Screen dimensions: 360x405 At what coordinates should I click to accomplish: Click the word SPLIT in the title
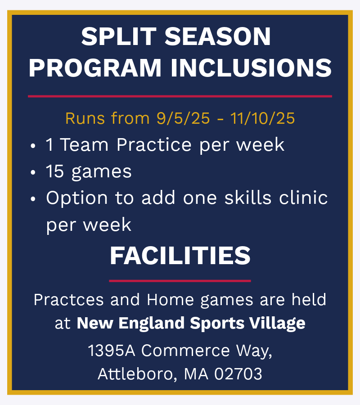coord(119,36)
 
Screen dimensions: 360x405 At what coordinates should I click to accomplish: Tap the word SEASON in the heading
coord(217,36)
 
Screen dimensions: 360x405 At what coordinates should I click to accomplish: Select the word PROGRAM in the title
coord(95,67)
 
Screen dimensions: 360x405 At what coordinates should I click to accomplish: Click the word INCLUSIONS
coord(251,67)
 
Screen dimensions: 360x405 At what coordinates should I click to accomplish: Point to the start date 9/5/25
coord(183,118)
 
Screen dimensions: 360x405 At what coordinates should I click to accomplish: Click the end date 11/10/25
coord(262,118)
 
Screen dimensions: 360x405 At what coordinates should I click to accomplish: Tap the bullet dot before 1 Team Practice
coord(33,146)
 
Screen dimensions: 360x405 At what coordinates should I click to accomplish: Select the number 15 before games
coord(55,171)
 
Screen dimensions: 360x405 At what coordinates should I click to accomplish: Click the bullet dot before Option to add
coord(33,199)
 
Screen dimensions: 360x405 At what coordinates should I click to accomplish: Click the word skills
coord(248,198)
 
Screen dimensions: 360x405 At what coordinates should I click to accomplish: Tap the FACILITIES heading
coord(180,256)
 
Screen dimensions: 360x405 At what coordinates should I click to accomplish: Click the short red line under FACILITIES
coord(180,281)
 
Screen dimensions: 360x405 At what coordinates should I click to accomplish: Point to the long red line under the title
coord(180,96)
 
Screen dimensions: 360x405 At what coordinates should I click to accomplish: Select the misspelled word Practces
coord(69,300)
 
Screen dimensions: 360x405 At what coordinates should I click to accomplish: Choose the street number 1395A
coord(112,351)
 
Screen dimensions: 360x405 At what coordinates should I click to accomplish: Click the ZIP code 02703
coord(238,374)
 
